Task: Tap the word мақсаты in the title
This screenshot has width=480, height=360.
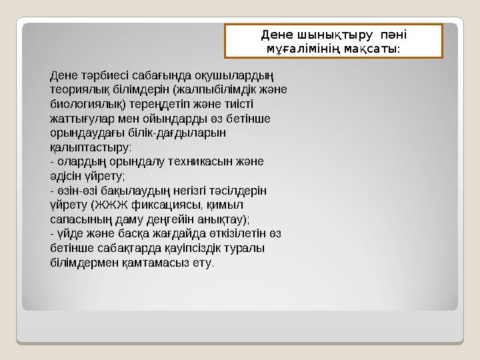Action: coord(373,49)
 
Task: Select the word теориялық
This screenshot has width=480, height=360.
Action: coord(79,89)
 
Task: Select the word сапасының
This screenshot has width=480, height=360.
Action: coord(82,219)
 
